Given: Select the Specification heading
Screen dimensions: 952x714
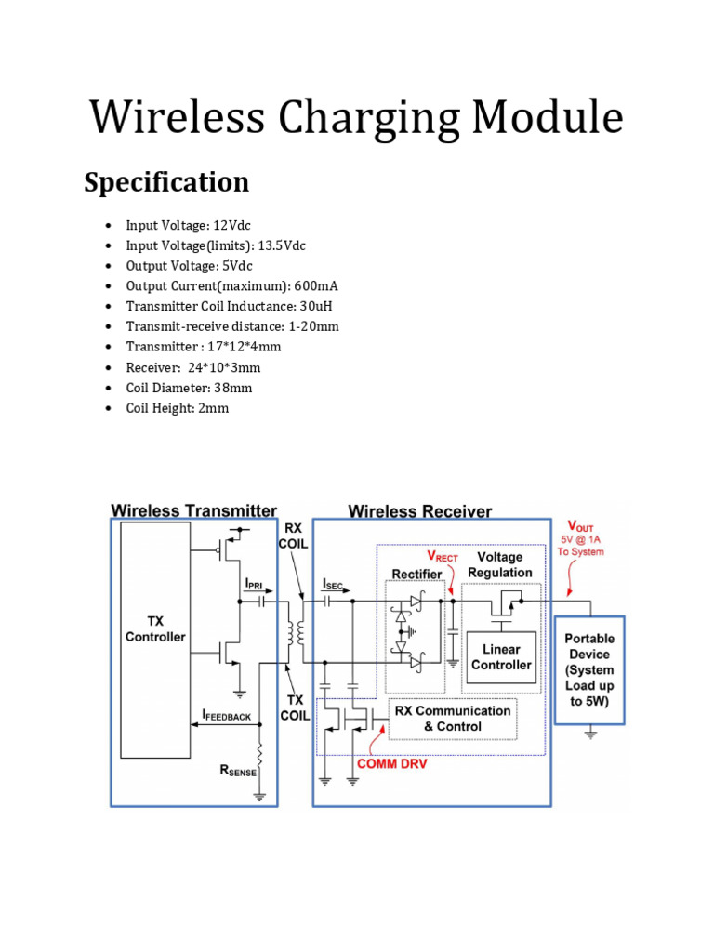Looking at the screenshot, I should click(166, 182).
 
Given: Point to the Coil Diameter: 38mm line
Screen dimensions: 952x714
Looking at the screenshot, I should click(190, 388).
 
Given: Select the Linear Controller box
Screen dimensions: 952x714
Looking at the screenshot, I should click(501, 657).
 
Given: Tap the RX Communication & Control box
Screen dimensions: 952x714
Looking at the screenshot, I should click(452, 719).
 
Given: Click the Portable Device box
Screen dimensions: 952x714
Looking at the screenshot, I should click(588, 670).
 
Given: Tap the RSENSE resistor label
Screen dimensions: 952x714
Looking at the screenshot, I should click(237, 770).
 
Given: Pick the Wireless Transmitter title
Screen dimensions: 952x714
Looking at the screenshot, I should click(193, 510).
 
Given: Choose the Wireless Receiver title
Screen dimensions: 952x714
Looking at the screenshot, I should click(419, 510).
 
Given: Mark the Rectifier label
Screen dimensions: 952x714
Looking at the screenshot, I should click(416, 575).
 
